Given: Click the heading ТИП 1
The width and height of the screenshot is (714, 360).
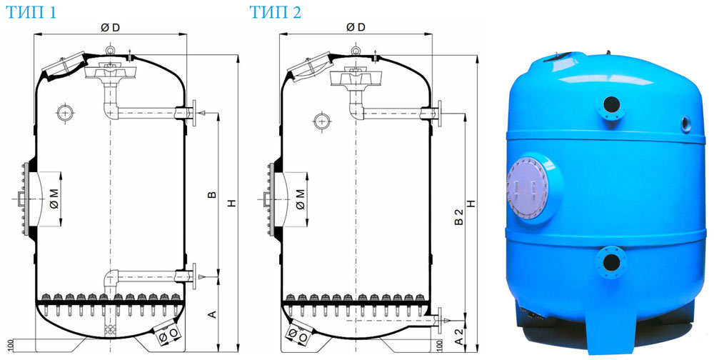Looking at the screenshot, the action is [x=31, y=12].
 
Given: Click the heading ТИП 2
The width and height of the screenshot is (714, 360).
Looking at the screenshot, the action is [x=276, y=12].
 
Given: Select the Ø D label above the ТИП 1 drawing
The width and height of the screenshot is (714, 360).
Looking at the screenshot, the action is [x=110, y=28].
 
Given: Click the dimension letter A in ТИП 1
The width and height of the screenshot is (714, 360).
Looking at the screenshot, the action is [x=212, y=314].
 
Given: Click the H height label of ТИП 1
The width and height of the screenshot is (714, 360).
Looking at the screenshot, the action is [x=232, y=204].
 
